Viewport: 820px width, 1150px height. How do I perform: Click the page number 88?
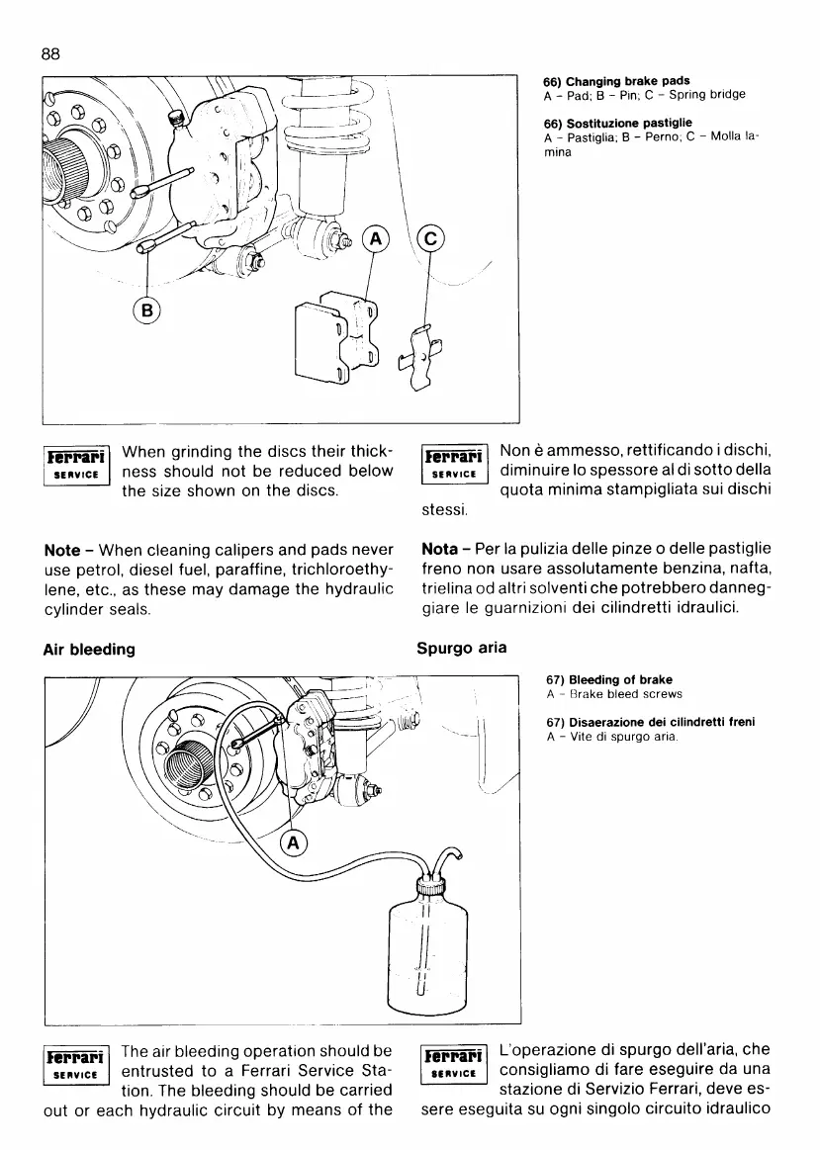pos(51,55)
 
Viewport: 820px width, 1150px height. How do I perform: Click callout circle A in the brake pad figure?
pos(376,238)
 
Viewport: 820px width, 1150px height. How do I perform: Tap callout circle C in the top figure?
pos(431,238)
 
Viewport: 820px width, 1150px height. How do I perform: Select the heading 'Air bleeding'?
pos(90,650)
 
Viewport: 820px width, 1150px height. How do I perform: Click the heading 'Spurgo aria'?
pos(461,650)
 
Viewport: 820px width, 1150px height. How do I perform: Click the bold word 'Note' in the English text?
pos(62,549)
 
